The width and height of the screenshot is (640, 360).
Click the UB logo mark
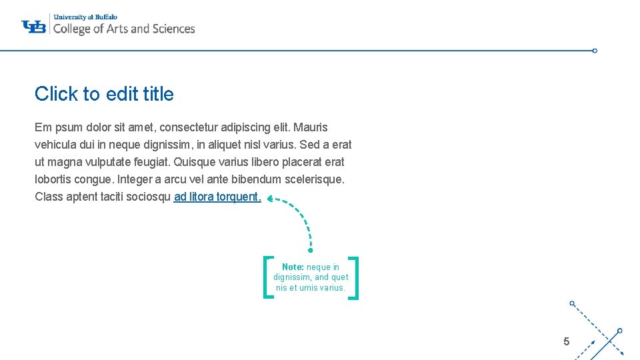[33, 26]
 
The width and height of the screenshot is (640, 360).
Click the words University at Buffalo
[85, 16]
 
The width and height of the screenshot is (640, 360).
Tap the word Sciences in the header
[173, 29]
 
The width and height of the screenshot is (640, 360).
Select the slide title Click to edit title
[104, 94]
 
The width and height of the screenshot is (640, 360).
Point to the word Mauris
[311, 127]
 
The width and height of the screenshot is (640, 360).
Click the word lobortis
[53, 179]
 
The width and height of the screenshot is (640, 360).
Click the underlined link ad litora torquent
[217, 197]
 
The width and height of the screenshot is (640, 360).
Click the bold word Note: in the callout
[293, 267]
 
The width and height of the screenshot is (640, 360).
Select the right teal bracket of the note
[355, 277]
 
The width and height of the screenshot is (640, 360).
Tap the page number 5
[566, 342]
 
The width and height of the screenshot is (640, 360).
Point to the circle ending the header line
[595, 51]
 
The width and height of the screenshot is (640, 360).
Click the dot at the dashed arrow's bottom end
[310, 251]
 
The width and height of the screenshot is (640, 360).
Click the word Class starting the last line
[49, 197]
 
